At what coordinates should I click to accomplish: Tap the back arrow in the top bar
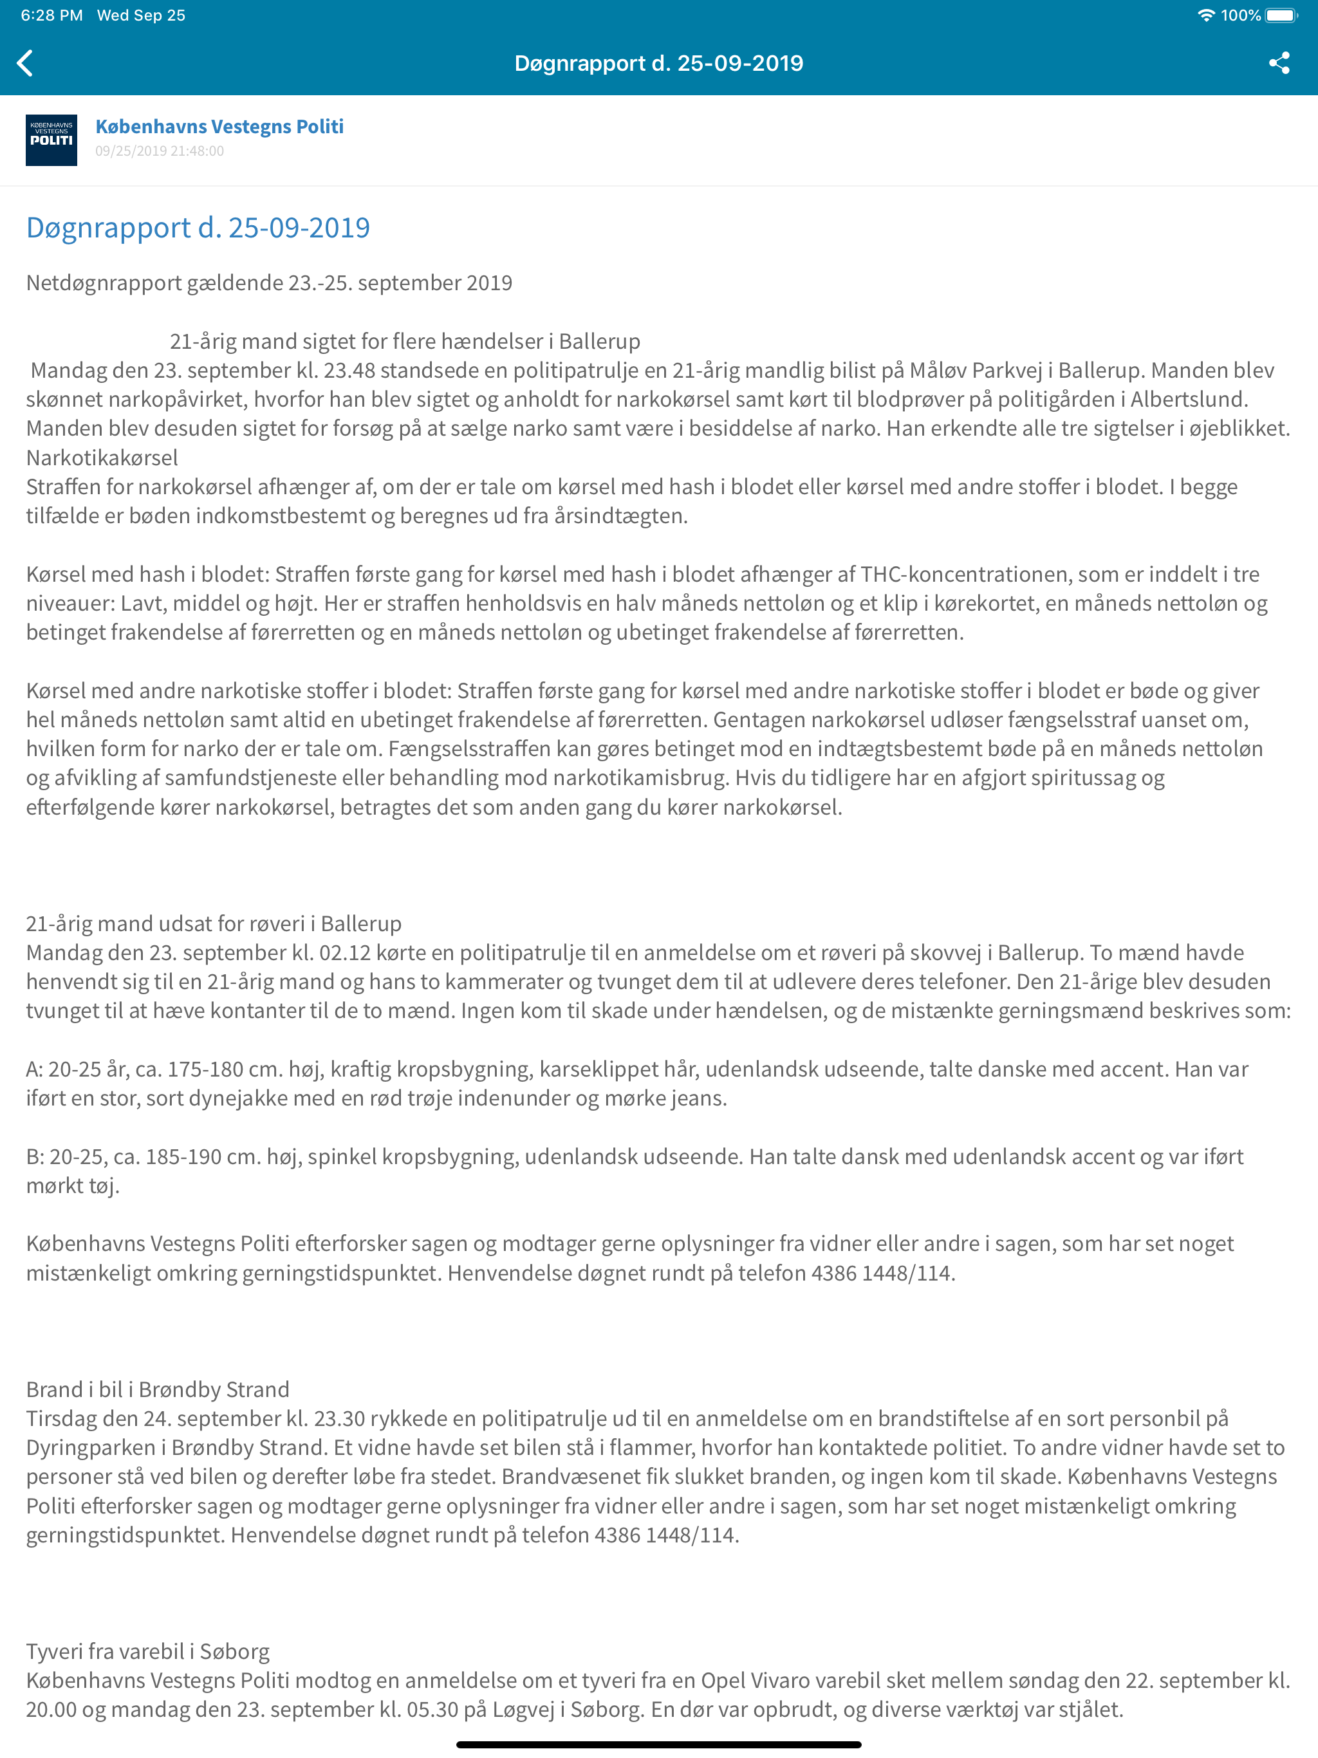click(x=26, y=63)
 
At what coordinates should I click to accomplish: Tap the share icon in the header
click(x=1278, y=63)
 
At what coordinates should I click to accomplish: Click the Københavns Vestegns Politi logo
click(x=51, y=140)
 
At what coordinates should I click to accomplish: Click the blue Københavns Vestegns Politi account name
click(x=219, y=126)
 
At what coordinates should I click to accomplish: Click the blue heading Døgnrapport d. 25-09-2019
click(x=198, y=228)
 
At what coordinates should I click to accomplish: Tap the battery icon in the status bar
click(x=1281, y=15)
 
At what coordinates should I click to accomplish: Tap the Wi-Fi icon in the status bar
click(x=1205, y=15)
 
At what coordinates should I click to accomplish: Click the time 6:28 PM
click(x=51, y=15)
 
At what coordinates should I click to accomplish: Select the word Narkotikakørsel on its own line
click(x=102, y=458)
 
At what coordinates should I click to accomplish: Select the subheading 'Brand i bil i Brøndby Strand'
click(x=158, y=1389)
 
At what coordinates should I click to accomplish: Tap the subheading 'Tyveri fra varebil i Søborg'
click(x=148, y=1651)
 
